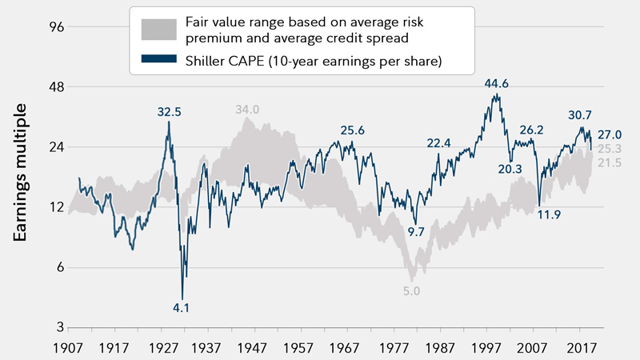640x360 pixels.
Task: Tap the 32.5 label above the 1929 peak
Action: coord(168,113)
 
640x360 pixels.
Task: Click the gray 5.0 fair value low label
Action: coord(411,291)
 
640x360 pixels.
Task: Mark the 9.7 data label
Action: coord(416,232)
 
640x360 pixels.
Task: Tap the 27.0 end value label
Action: coord(610,134)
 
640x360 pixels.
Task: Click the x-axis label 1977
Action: coord(394,350)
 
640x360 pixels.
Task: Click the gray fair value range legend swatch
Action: coord(162,30)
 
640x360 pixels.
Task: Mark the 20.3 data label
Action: coord(509,169)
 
